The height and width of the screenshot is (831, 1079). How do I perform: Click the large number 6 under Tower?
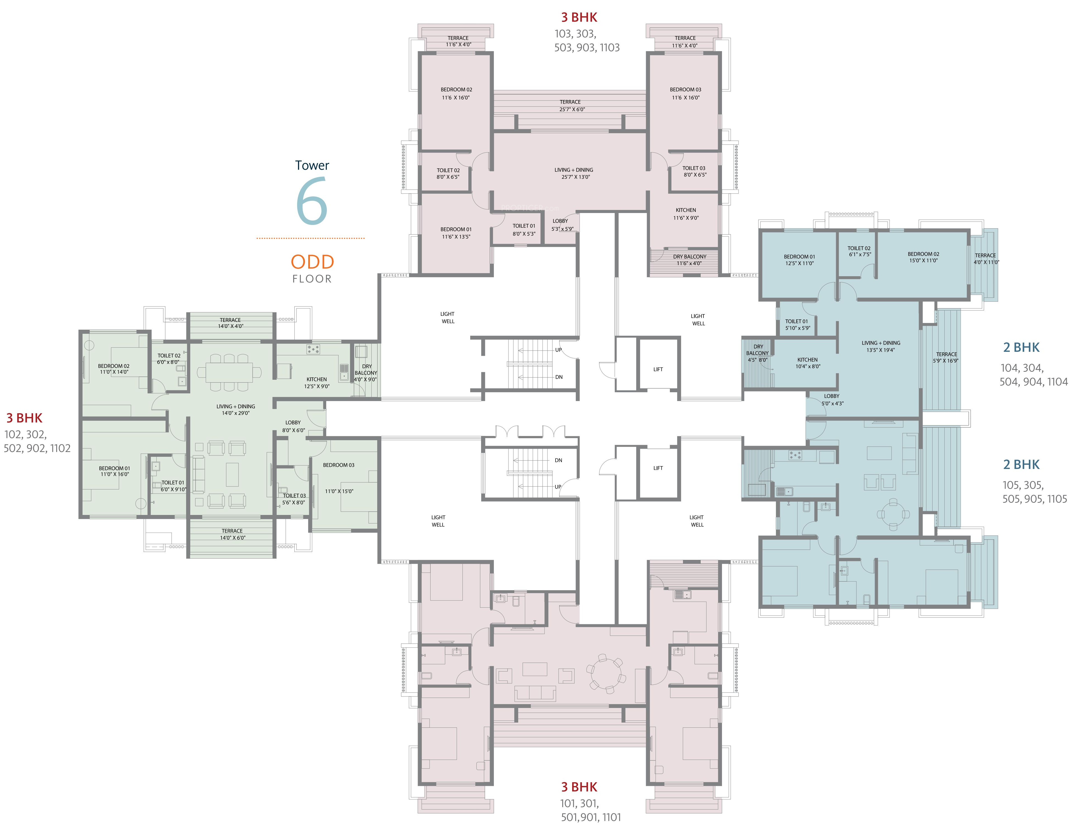click(x=312, y=201)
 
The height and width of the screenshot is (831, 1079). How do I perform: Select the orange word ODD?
click(x=312, y=262)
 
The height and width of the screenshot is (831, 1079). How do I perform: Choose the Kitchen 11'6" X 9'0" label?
click(x=686, y=214)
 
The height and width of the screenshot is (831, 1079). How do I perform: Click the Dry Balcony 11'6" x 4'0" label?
click(x=689, y=260)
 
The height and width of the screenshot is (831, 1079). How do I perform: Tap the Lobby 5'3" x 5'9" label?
click(x=562, y=225)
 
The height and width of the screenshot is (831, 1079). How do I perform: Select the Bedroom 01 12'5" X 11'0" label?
click(x=799, y=260)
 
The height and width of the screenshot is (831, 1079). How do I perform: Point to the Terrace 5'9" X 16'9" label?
click(x=946, y=357)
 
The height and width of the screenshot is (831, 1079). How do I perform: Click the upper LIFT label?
click(x=658, y=369)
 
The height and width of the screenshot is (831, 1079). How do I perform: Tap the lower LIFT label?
click(x=658, y=468)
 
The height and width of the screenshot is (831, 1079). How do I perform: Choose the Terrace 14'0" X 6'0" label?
click(x=232, y=534)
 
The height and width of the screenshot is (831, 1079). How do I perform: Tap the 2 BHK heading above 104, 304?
click(x=1021, y=347)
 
